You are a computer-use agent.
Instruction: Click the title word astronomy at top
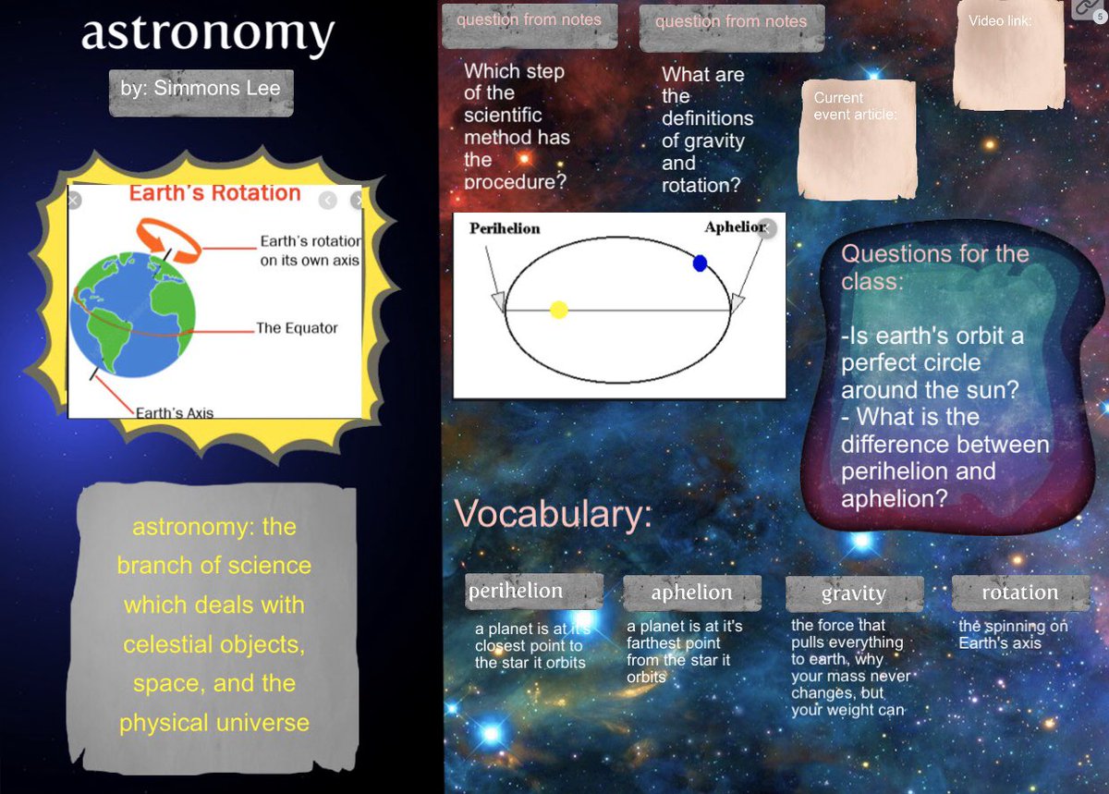[x=207, y=34]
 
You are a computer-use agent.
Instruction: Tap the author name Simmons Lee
[x=201, y=90]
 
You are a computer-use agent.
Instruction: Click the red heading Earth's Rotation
[x=214, y=193]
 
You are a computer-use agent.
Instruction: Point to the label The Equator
[x=297, y=328]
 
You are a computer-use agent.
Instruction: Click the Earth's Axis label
[x=174, y=412]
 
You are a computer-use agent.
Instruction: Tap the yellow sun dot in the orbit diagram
[x=558, y=310]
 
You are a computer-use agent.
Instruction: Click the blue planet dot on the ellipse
[x=700, y=263]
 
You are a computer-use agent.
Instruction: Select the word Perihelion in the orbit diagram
[x=505, y=228]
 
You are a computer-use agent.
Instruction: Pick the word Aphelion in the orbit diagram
[x=734, y=227]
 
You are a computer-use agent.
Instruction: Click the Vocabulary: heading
[x=552, y=515]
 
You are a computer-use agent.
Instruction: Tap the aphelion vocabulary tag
[x=691, y=592]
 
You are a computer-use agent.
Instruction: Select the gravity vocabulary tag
[x=853, y=593]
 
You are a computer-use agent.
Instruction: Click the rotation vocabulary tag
[x=1019, y=592]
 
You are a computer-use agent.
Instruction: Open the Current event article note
[x=857, y=139]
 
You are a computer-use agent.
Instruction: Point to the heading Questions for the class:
[x=933, y=266]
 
